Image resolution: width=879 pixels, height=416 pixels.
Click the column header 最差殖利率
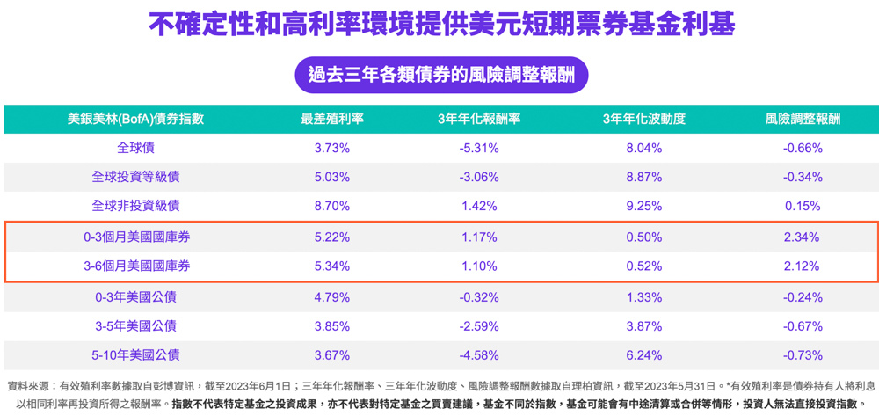332,119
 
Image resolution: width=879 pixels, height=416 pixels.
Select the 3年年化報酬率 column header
479,119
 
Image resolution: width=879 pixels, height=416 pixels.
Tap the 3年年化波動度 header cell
643,119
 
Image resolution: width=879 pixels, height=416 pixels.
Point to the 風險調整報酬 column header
803,119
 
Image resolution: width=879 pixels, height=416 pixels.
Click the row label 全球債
136,148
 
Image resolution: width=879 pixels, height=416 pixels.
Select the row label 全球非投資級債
136,206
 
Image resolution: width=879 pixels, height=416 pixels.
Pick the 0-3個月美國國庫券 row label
136,237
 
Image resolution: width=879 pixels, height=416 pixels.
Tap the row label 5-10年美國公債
136,354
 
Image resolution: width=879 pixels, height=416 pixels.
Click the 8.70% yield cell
332,206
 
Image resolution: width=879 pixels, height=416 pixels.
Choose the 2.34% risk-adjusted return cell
802,237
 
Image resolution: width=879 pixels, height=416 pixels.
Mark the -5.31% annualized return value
479,148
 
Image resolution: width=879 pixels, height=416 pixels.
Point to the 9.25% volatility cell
643,206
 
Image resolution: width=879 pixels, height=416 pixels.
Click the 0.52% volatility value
643,266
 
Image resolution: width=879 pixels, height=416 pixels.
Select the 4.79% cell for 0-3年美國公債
332,296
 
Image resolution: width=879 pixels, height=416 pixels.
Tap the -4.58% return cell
479,354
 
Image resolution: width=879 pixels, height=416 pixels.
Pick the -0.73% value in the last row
802,354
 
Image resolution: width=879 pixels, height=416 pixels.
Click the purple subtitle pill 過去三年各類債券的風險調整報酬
441,75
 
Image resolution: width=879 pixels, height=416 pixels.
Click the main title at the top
441,25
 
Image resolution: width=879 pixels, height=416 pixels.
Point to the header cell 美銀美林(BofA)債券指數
136,119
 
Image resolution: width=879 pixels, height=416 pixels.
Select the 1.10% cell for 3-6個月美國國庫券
479,266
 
